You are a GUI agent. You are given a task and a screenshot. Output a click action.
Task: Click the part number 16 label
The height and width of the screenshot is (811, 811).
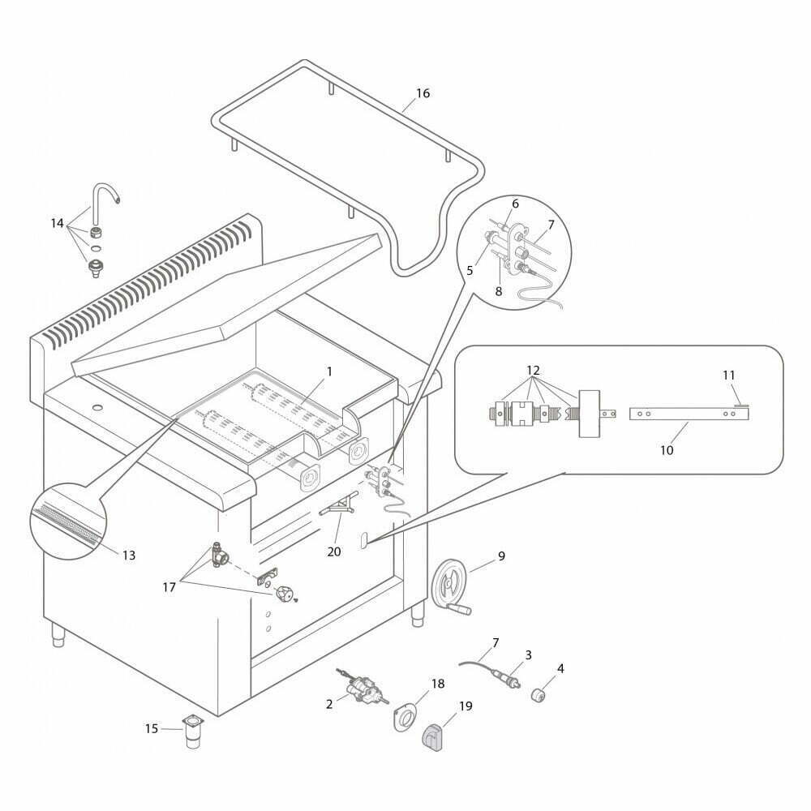423,93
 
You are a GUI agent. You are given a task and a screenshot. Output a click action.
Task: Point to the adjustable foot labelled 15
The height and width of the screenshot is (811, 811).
193,732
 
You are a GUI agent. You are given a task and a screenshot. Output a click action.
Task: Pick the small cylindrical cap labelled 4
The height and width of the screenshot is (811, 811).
539,696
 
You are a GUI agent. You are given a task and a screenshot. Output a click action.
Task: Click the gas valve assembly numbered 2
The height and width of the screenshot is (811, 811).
363,689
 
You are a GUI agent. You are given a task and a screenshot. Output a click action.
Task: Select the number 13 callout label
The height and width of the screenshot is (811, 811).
129,555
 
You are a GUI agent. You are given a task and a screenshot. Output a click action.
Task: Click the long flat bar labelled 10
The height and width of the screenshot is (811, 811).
689,414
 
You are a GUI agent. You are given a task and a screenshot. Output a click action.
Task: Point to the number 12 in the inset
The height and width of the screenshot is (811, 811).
534,371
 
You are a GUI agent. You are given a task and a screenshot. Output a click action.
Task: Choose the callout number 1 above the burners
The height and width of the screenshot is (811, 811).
329,372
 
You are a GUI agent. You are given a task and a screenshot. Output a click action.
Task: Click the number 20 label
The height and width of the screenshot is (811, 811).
334,551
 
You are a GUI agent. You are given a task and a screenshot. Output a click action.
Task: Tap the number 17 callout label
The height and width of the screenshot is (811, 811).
169,587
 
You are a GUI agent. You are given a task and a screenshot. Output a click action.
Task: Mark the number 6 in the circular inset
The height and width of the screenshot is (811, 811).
515,204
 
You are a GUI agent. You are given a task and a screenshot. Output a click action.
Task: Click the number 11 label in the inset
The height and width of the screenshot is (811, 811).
729,375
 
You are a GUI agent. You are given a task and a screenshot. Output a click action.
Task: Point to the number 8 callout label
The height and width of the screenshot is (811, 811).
499,291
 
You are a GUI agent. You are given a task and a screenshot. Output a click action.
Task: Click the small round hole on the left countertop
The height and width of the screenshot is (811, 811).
97,408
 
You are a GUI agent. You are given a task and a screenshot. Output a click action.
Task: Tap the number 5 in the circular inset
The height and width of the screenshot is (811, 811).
470,271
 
